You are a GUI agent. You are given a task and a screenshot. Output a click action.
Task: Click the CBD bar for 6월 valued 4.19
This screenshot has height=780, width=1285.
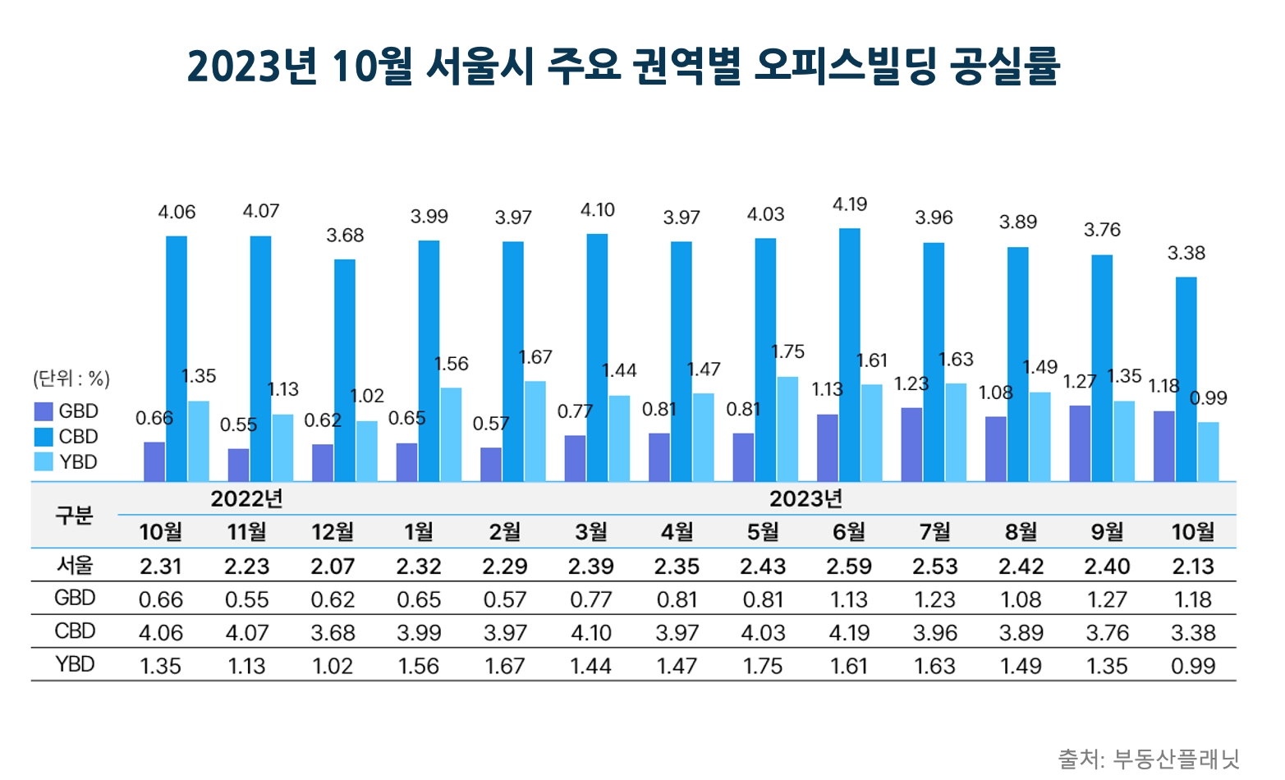(849, 355)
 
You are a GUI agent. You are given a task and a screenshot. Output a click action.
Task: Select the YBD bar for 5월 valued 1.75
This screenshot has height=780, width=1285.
(787, 429)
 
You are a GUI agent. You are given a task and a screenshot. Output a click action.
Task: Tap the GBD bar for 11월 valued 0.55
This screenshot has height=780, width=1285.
(238, 465)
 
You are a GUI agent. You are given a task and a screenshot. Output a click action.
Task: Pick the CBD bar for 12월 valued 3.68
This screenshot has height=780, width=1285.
(345, 370)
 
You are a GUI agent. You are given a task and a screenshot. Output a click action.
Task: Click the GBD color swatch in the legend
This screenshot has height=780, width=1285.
(44, 411)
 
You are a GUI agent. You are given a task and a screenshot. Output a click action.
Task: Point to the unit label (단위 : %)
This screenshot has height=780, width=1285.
(71, 379)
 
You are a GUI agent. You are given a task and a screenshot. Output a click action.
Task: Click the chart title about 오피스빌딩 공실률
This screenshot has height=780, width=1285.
(624, 67)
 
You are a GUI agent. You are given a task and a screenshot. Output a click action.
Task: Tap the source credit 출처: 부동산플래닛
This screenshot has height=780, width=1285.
(1149, 758)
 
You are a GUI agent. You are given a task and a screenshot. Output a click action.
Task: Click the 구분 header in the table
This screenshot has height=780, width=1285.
(74, 516)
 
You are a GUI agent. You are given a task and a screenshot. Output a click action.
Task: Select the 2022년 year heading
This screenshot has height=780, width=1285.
(246, 499)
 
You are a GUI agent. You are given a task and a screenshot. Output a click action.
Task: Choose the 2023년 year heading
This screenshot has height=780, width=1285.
(805, 499)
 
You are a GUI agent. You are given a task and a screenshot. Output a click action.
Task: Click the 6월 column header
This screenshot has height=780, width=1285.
(849, 532)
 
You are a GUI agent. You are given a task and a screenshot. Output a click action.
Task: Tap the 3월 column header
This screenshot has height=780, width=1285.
(590, 532)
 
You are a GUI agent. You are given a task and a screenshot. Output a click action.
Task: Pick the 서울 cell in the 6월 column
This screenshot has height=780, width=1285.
(849, 567)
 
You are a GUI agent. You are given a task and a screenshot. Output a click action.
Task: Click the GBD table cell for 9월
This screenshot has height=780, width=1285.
(1107, 599)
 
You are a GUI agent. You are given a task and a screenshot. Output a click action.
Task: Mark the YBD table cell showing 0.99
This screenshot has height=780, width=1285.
(1193, 666)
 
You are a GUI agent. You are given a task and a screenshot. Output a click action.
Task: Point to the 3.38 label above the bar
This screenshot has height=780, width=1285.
(1186, 253)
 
